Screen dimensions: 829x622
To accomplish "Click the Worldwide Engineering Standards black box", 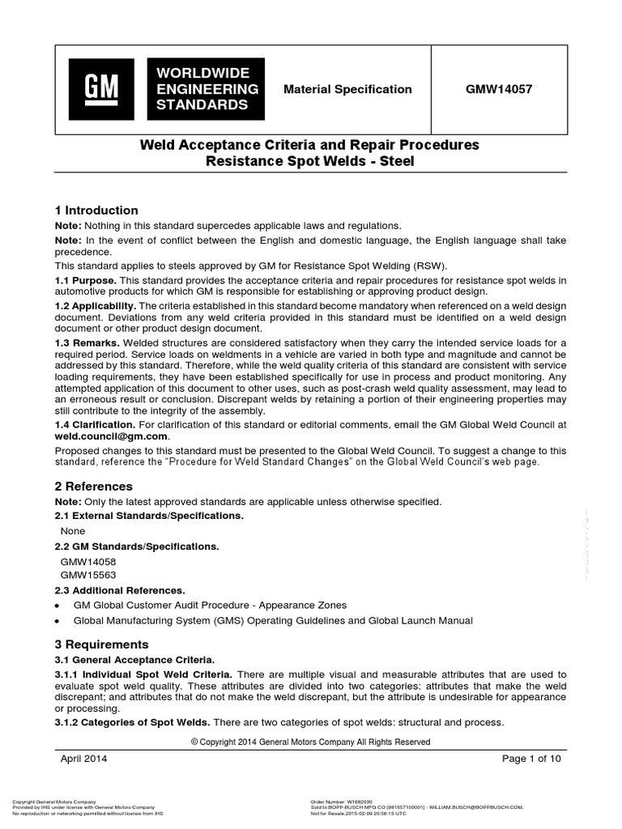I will [204, 89].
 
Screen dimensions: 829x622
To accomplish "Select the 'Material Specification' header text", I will [347, 89].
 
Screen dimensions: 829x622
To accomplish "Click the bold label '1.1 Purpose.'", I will [85, 279].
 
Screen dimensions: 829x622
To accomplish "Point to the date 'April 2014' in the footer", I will [84, 759].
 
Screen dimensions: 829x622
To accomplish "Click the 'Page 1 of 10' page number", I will [531, 759].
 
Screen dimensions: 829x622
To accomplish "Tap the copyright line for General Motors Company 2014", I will [311, 742].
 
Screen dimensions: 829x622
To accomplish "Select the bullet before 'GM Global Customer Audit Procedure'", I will [57, 605].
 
